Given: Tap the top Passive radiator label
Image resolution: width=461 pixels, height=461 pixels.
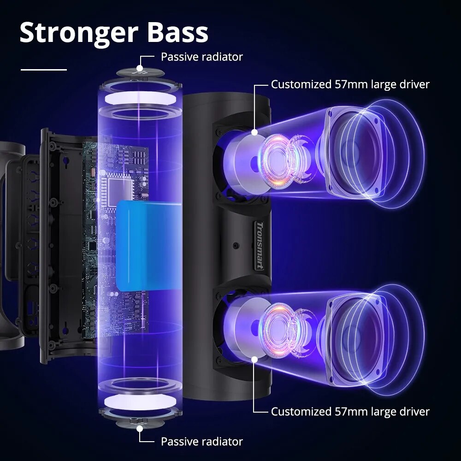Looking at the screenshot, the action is (201, 57).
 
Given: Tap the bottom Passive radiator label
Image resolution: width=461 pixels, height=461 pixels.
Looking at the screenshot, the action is (201, 442).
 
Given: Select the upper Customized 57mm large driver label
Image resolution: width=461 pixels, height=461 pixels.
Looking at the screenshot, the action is (350, 84).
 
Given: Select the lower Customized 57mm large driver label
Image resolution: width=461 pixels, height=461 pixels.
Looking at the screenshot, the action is (350, 411).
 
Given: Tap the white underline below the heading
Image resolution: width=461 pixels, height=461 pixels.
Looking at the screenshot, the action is (44, 70).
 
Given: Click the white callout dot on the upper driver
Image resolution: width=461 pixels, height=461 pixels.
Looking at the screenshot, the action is (254, 132).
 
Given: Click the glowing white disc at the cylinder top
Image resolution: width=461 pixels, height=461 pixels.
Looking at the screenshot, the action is (140, 99).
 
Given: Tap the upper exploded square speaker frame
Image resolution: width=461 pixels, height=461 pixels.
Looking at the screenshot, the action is (354, 152).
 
